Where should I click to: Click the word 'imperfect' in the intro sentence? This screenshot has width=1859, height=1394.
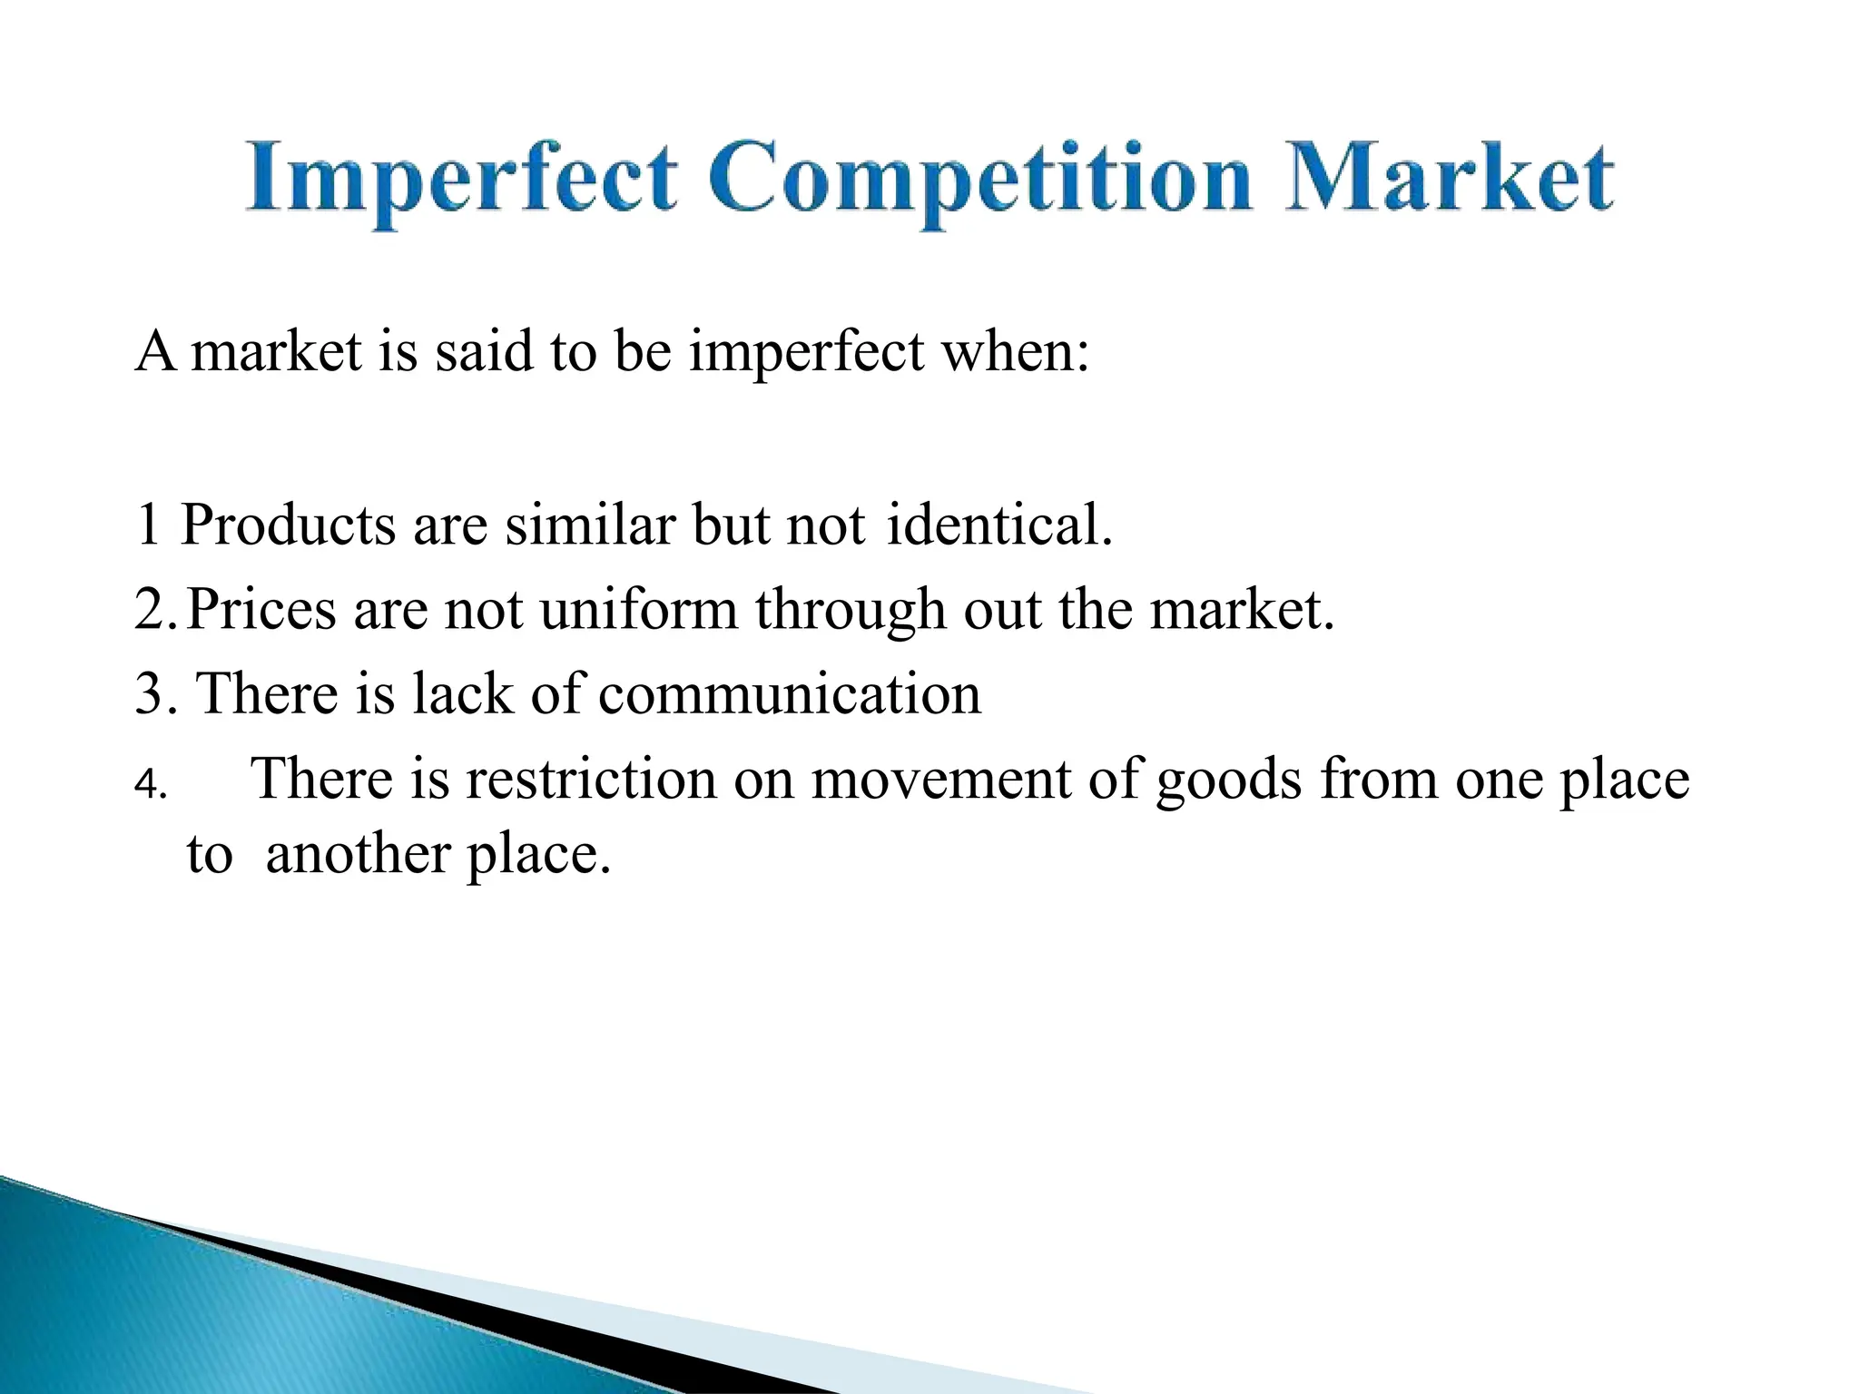(x=806, y=352)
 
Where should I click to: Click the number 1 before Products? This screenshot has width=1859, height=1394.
(x=148, y=525)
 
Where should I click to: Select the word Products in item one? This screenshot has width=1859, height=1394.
(x=288, y=525)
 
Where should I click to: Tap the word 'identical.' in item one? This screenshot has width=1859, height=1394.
(x=998, y=525)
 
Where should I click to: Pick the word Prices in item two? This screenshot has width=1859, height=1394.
(x=261, y=609)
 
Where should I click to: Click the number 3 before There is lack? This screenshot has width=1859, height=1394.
(x=149, y=694)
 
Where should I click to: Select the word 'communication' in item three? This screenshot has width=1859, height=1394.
(x=790, y=694)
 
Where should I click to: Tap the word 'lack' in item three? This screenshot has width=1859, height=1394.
(x=462, y=694)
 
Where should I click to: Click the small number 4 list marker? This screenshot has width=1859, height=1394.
(x=146, y=785)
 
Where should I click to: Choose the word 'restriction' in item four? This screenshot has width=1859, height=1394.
(x=591, y=780)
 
